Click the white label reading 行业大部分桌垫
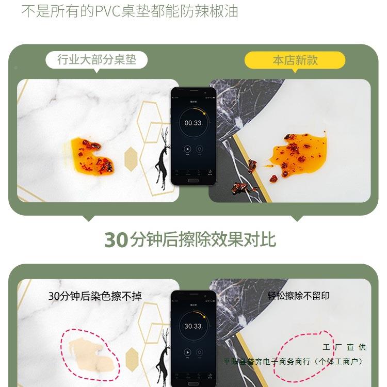click(x=96, y=60)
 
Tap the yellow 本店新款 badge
click(x=295, y=60)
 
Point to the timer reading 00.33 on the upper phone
click(x=193, y=123)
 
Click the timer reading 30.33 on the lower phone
click(x=193, y=326)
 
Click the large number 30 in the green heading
click(x=116, y=240)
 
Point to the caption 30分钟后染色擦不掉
click(x=95, y=296)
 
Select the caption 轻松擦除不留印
click(x=298, y=296)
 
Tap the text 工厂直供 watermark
click(x=344, y=347)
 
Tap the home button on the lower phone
click(x=193, y=383)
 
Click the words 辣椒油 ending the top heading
click(x=220, y=11)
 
